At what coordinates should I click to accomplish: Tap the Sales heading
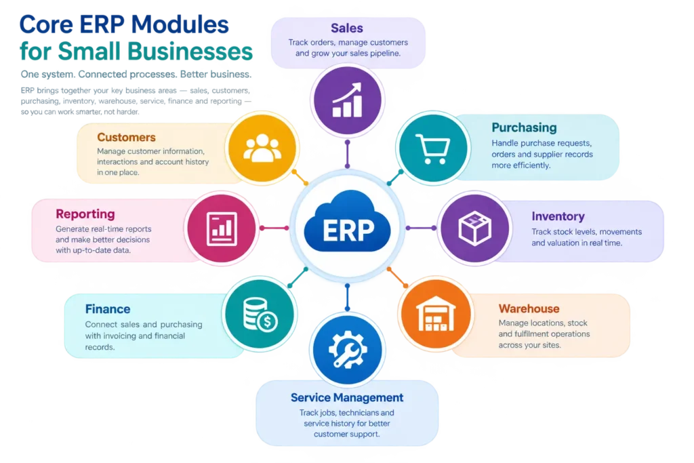tap(347, 28)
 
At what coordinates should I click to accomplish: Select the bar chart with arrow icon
tap(348, 100)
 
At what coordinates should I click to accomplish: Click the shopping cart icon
tap(432, 148)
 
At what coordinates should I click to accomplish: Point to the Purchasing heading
tap(524, 128)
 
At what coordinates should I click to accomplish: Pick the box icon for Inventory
tap(475, 228)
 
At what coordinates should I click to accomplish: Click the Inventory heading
tap(558, 216)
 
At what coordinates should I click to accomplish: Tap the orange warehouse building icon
tap(436, 314)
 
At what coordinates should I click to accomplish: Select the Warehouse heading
tap(529, 308)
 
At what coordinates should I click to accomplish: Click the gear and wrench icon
tap(348, 349)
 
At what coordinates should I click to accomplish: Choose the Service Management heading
tap(347, 397)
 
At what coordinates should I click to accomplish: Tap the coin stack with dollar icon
tap(260, 315)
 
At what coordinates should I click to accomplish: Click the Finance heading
tap(108, 309)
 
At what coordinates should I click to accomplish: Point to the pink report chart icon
tap(222, 228)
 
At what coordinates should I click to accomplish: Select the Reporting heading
tap(85, 214)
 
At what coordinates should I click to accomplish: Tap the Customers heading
tap(126, 137)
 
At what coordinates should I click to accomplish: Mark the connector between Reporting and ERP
tap(274, 228)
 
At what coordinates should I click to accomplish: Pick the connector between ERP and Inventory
tap(421, 228)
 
